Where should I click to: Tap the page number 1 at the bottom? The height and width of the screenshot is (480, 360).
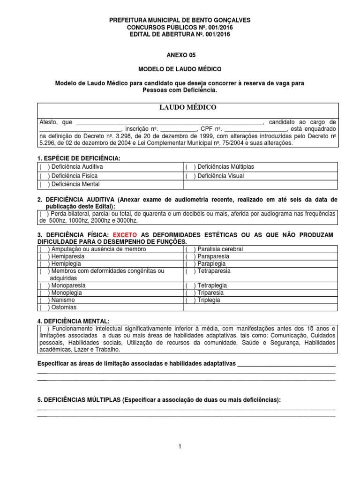point(180,447)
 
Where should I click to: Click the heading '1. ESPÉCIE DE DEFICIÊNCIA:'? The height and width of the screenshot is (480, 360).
point(78,158)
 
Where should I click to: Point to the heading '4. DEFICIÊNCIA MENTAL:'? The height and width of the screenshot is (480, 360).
point(73,321)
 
